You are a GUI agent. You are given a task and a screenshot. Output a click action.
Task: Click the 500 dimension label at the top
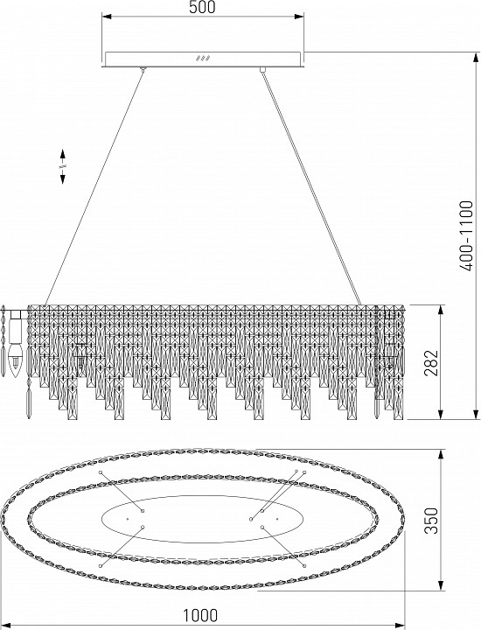coord(202,7)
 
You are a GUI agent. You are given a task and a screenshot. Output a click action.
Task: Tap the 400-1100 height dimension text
coord(467,235)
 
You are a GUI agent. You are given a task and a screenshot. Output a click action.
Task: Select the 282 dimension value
coord(432,362)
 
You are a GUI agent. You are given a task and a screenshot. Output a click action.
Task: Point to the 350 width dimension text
coord(432,521)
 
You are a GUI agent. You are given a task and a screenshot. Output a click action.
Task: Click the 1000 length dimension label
coord(201,615)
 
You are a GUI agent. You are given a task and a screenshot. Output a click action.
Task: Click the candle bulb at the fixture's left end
coord(15,358)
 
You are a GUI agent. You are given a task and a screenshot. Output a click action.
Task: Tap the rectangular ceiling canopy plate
coord(202,59)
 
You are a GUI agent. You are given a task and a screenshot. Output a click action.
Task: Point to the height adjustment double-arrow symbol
coord(63,166)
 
